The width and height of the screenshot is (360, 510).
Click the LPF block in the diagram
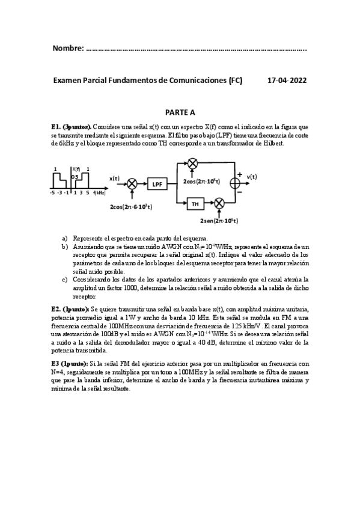pyautogui.click(x=157, y=185)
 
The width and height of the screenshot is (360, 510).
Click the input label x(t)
pyautogui.click(x=114, y=178)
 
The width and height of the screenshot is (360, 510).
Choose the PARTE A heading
pyautogui.click(x=180, y=112)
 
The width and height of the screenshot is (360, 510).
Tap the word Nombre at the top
pyautogui.click(x=68, y=48)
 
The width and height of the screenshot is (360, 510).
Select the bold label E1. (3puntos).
pyautogui.click(x=72, y=127)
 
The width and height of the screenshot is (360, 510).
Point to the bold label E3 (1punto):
pyautogui.click(x=70, y=363)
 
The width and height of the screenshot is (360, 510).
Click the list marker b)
pyautogui.click(x=64, y=247)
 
